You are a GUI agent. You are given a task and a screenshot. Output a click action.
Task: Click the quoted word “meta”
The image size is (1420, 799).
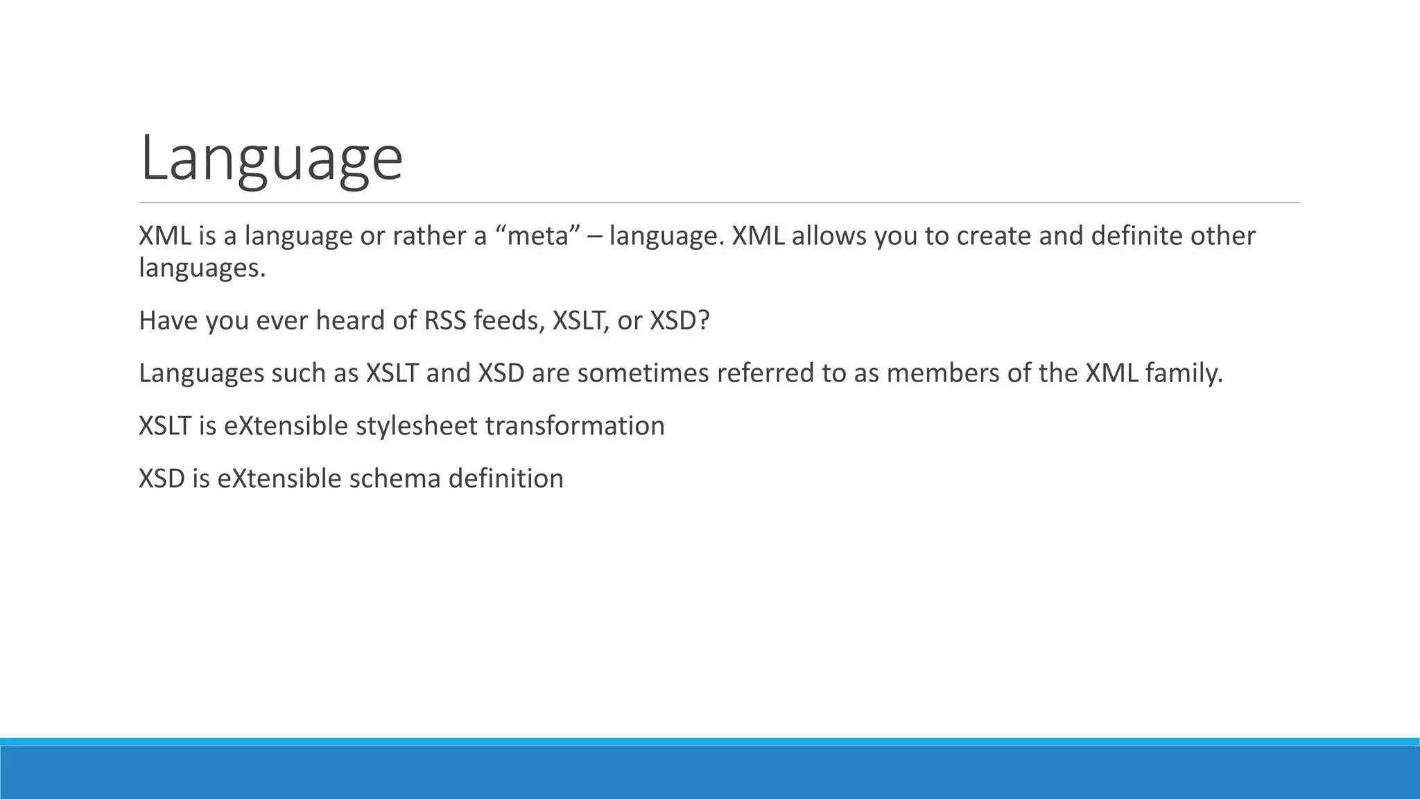point(538,237)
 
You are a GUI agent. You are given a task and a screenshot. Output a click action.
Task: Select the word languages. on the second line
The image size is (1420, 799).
point(202,268)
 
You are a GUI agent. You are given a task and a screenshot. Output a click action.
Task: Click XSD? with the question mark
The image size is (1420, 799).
point(679,320)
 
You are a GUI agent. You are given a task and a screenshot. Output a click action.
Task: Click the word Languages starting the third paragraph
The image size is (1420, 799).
point(201,373)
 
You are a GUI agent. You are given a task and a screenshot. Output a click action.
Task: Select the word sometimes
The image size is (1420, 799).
point(642,373)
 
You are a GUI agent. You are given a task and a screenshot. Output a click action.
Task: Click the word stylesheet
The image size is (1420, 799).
point(416,426)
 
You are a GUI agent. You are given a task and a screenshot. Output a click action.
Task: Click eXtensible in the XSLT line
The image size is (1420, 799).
point(286,426)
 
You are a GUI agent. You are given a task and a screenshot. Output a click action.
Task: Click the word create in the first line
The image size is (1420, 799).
point(994,237)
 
